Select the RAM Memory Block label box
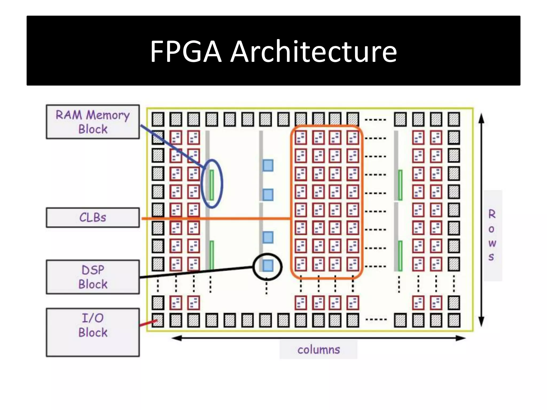(x=93, y=122)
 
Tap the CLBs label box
(x=93, y=218)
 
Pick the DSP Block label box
(x=93, y=277)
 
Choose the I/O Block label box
(x=93, y=332)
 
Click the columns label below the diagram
(x=318, y=350)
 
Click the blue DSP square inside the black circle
(x=268, y=266)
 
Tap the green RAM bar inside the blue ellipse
(x=212, y=185)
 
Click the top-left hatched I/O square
(x=158, y=119)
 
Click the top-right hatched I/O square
(x=454, y=119)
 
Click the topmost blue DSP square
(x=268, y=165)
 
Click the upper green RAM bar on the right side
(x=400, y=185)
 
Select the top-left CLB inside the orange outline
(x=301, y=138)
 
